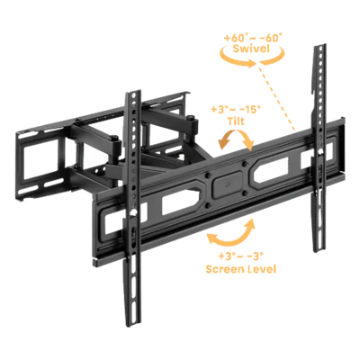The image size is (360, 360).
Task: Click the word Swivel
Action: point(251,49)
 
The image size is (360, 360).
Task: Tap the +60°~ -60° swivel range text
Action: point(253,38)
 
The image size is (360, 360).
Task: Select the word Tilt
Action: point(235,121)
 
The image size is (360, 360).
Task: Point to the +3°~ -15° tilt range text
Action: point(236,110)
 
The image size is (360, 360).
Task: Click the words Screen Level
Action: point(240,268)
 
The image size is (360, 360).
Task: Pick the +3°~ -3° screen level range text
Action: point(240,256)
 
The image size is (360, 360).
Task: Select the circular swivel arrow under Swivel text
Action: point(251,58)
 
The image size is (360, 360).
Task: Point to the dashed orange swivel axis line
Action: point(275,97)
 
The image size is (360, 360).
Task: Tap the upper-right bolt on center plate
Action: point(245,164)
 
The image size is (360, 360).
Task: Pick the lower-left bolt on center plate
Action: point(209,206)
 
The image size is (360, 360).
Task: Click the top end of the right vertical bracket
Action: point(319,47)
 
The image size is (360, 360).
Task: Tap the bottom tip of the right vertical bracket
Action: point(319,251)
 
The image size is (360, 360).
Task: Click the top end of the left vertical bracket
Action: point(133,92)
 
